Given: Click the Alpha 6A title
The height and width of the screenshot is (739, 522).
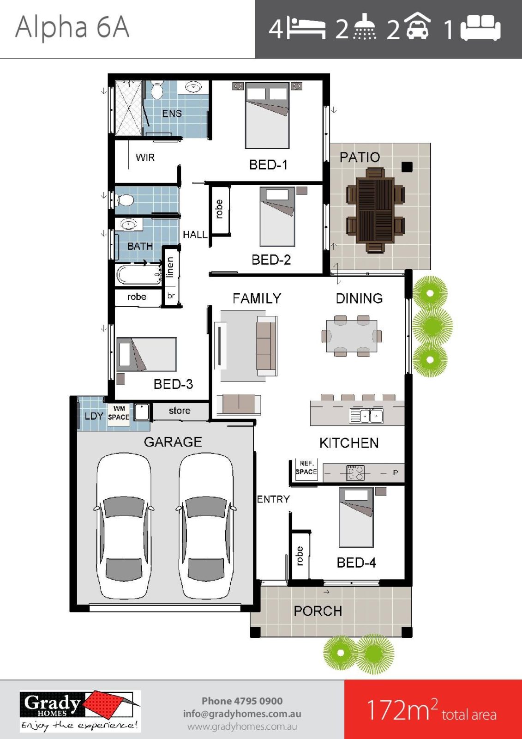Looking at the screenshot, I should tap(72, 27).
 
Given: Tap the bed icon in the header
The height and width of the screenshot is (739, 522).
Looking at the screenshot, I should tap(306, 29).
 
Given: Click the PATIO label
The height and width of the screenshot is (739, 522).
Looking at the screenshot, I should tap(360, 157).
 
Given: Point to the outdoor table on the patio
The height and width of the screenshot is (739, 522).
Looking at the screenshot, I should tap(375, 210).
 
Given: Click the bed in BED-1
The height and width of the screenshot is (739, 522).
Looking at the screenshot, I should tap(267, 115).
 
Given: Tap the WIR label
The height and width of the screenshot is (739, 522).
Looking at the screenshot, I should tap(145, 157).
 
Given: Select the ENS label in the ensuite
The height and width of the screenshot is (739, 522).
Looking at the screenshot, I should tap(172, 113).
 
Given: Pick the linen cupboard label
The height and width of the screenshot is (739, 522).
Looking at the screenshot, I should tap(170, 267).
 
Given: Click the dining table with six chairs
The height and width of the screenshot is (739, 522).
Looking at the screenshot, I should tap(352, 336).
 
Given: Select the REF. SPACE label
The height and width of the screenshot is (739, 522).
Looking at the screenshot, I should tap(306, 467).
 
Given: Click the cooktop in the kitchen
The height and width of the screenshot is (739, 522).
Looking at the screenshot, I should tap(355, 472).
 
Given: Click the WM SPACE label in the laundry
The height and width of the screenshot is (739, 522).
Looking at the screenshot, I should tap(119, 413).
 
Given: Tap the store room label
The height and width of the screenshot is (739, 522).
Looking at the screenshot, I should tap(180, 411).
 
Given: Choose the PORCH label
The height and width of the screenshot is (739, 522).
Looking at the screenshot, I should tap(318, 611).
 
